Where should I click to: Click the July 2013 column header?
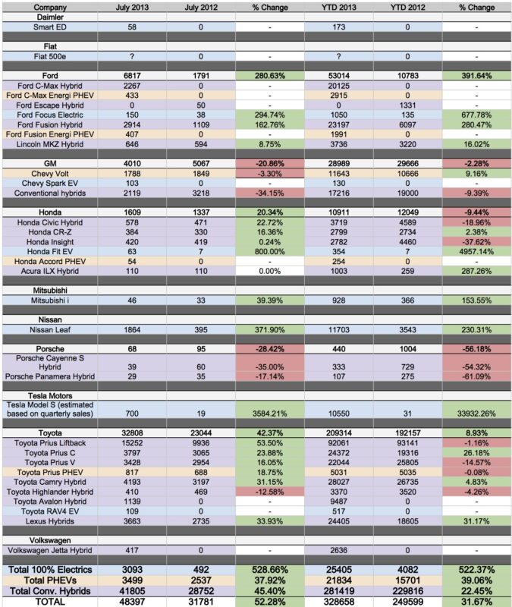pos(132,8)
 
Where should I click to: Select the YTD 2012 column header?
pos(407,8)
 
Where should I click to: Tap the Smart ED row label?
pos(50,27)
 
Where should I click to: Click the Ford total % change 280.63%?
pos(270,76)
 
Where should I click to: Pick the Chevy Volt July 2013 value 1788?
pos(132,174)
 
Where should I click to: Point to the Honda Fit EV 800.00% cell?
pos(270,252)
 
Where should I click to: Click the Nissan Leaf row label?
pos(50,330)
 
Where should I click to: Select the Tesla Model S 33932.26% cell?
pos(476,414)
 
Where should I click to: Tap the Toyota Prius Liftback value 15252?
pos(132,443)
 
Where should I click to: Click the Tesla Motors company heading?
pos(50,395)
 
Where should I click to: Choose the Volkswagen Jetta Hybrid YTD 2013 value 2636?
pos(338,550)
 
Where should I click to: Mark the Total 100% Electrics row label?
pos(50,570)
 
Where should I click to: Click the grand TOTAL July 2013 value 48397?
pos(132,602)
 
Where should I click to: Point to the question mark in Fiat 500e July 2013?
pos(132,56)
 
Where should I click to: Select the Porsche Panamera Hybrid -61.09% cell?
pos(476,376)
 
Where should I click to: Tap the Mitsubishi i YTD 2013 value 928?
pos(338,300)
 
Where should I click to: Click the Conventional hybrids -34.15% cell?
pos(270,193)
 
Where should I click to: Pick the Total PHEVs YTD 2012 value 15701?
pos(407,580)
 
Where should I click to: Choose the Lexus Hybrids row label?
pos(50,521)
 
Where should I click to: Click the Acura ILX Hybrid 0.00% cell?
pos(270,271)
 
